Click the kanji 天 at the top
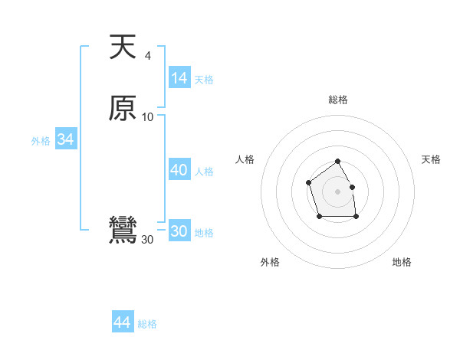coord(123,47)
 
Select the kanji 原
coord(123,108)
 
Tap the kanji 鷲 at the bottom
coord(123,231)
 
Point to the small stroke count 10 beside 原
coord(148,116)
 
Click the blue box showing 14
coord(179,78)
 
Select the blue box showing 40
coord(179,170)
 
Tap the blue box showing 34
coord(65,139)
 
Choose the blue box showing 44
coord(122,322)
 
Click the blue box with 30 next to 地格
coord(179,231)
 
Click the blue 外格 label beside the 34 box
coord(41,141)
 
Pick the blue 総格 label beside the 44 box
coord(147,324)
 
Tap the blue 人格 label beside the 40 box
coord(205,172)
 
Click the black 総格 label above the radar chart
coord(337,100)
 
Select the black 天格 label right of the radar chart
coord(431,159)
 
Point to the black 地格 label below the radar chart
coord(402,262)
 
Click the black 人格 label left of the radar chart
coord(245,159)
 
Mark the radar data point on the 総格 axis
coord(337,162)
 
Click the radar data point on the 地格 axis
coord(356,217)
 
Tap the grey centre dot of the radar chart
coord(337,191)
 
